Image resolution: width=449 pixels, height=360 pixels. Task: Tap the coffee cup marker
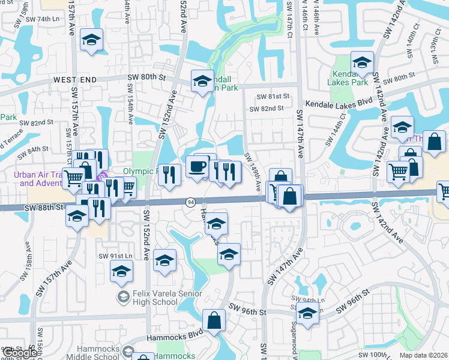[197, 166]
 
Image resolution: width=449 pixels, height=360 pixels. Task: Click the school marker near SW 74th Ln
[91, 40]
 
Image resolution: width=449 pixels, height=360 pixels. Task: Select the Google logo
[19, 353]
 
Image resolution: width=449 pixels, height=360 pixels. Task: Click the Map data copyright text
[423, 355]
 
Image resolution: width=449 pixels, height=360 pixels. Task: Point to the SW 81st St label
[273, 97]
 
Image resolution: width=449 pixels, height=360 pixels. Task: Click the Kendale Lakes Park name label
[349, 78]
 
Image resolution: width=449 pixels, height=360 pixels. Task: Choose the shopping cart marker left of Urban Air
[73, 176]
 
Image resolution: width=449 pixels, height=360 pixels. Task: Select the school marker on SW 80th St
[202, 80]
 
